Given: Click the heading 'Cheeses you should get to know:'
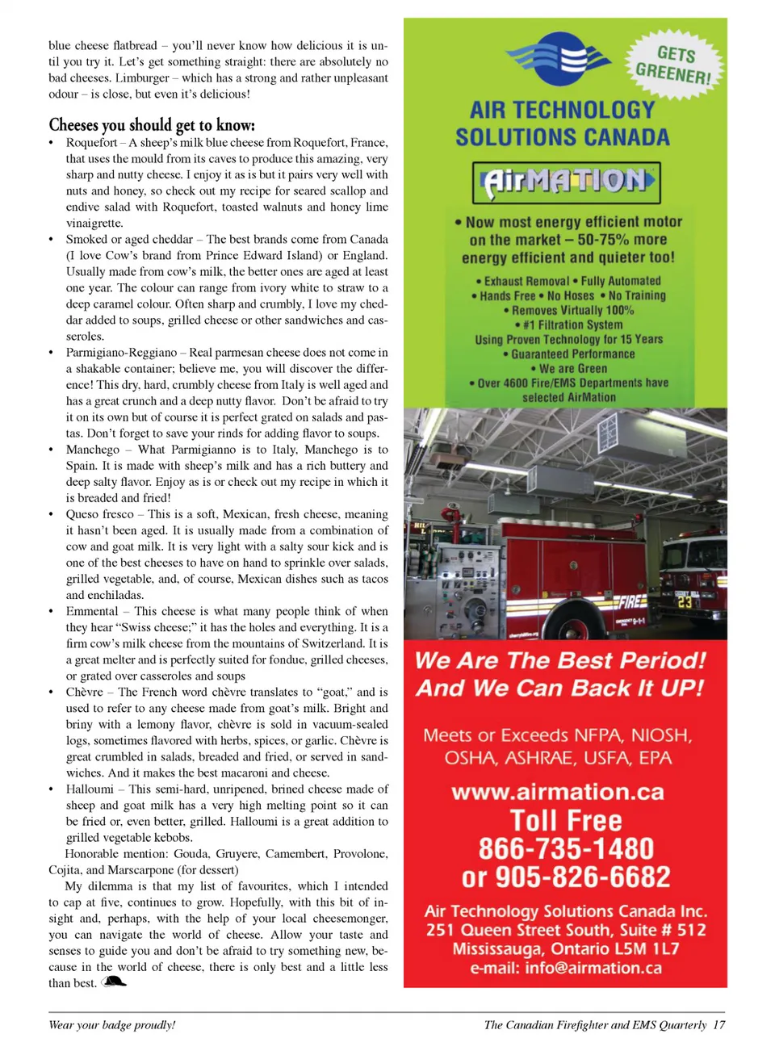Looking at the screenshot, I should pyautogui.click(x=152, y=125).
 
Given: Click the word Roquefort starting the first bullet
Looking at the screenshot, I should pyautogui.click(x=91, y=143).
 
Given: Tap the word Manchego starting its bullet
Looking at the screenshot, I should pyautogui.click(x=93, y=450).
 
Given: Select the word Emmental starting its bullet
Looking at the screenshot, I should pyautogui.click(x=92, y=611).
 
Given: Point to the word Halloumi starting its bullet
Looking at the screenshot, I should pyautogui.click(x=90, y=789).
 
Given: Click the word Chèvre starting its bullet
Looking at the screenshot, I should pyautogui.click(x=85, y=692).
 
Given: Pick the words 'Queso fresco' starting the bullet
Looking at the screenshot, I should pyautogui.click(x=100, y=514).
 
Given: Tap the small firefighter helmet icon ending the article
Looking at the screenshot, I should pyautogui.click(x=115, y=982).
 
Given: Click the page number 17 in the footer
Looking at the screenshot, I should pyautogui.click(x=718, y=1025).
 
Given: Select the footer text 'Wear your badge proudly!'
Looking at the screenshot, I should pyautogui.click(x=111, y=1025).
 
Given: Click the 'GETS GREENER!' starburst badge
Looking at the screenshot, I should pyautogui.click(x=674, y=65).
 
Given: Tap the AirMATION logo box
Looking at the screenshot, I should pyautogui.click(x=566, y=182).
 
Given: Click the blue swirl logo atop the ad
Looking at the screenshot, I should pyautogui.click(x=558, y=58).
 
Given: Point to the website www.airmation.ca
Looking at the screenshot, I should pyautogui.click(x=558, y=792).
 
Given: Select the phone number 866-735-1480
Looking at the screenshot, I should pyautogui.click(x=566, y=848).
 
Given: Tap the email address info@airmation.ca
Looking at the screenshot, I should pyautogui.click(x=593, y=968).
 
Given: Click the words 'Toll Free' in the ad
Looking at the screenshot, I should pyautogui.click(x=566, y=821).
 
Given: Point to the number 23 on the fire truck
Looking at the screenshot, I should pyautogui.click(x=685, y=601).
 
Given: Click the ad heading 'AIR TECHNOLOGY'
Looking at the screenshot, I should pyautogui.click(x=563, y=110).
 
